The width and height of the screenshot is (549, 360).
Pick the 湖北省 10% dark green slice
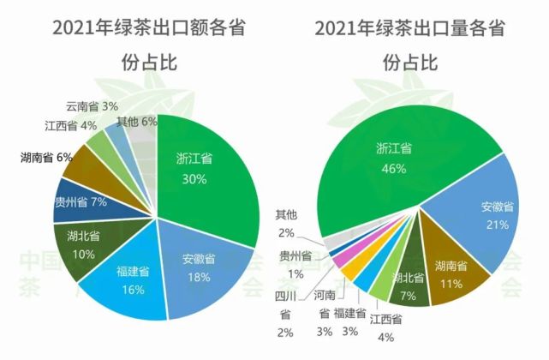pyautogui.click(x=84, y=243)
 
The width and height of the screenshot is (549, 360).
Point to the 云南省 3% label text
pyautogui.click(x=92, y=106)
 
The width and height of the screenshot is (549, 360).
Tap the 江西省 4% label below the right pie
pyautogui.click(x=385, y=327)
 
